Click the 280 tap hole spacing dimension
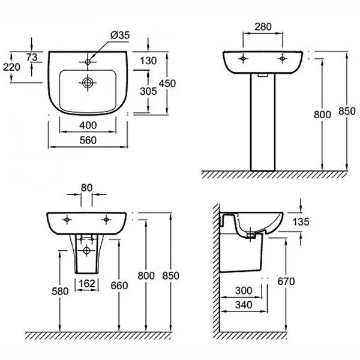[262, 26]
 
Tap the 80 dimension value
[86, 187]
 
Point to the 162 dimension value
[88, 283]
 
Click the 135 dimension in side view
[301, 223]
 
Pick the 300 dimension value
[243, 290]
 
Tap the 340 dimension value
[243, 305]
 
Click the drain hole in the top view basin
[88, 83]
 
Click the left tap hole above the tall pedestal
[242, 59]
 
